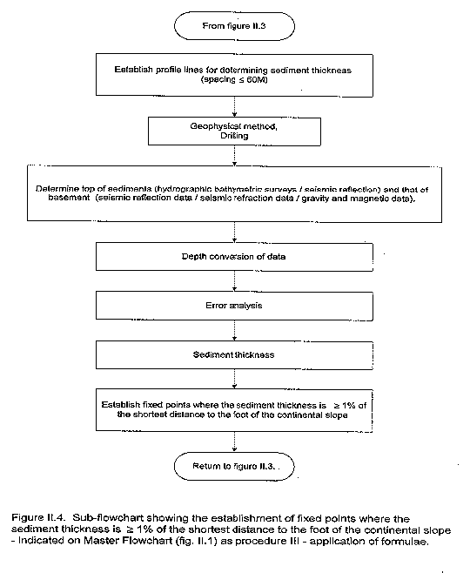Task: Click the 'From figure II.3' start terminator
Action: click(234, 26)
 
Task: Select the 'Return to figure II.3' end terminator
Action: click(234, 466)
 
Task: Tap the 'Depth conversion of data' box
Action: click(234, 257)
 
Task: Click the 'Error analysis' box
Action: click(234, 306)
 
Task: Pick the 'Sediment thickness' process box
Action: click(234, 354)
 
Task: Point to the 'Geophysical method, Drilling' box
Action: click(234, 131)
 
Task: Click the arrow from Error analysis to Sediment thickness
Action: click(234, 331)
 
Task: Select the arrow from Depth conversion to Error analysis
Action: click(234, 281)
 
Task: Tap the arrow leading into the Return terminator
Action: click(234, 442)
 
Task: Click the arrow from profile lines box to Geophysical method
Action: click(234, 107)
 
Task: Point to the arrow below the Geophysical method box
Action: click(234, 156)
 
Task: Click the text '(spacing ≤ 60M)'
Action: click(234, 80)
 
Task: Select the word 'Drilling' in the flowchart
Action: click(234, 136)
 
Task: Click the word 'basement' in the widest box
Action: click(69, 198)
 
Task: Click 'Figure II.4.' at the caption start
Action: click(38, 518)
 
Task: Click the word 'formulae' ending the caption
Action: click(405, 541)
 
